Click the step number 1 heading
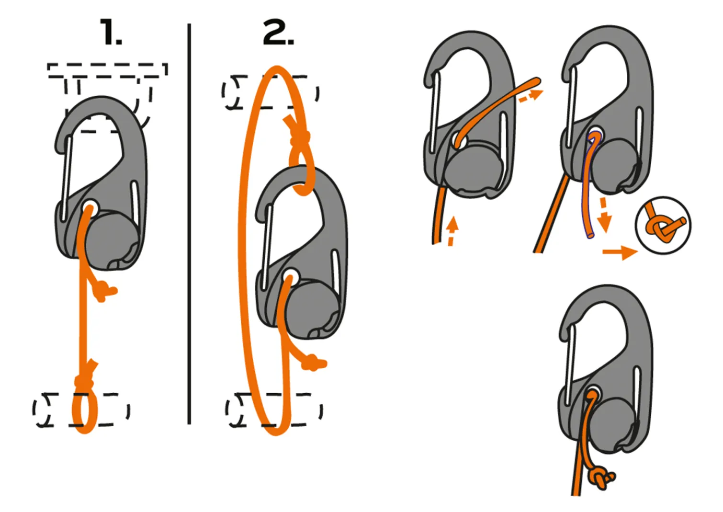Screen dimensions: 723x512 pyautogui.click(x=111, y=32)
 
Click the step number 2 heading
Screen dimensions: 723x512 pyautogui.click(x=278, y=32)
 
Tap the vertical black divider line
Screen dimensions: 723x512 pyautogui.click(x=189, y=223)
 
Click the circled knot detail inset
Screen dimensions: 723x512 pyautogui.click(x=663, y=225)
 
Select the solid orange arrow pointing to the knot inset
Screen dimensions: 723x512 pyautogui.click(x=620, y=252)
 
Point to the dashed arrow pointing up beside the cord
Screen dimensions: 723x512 pyautogui.click(x=452, y=231)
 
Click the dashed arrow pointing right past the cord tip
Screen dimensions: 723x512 pyautogui.click(x=531, y=96)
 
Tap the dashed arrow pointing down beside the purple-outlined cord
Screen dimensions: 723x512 pyautogui.click(x=604, y=215)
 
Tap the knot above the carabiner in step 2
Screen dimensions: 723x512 pyautogui.click(x=300, y=137)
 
